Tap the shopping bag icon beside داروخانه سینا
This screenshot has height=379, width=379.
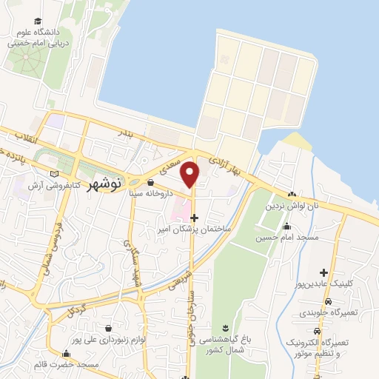click(150, 182)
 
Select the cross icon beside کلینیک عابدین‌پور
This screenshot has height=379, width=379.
click(323, 273)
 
